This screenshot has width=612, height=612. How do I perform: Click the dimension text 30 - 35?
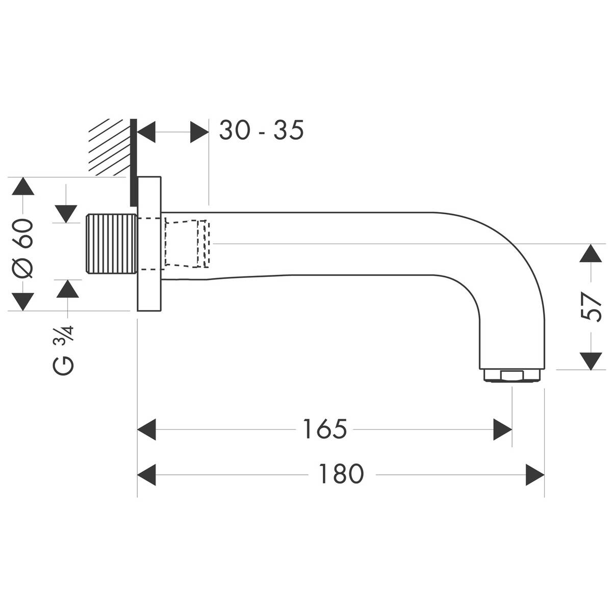(x=261, y=131)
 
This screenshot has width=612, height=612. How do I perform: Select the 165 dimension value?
(x=324, y=429)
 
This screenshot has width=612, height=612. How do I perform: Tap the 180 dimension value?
(x=341, y=474)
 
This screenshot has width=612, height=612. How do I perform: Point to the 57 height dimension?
(x=591, y=307)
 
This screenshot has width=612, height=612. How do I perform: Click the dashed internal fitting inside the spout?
(x=186, y=244)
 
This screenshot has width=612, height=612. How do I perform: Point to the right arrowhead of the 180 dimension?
(x=535, y=474)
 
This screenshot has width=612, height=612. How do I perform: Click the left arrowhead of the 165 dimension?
(x=147, y=429)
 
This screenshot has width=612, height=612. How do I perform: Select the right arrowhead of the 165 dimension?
(x=502, y=429)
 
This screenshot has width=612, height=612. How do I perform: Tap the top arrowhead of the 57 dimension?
(x=591, y=253)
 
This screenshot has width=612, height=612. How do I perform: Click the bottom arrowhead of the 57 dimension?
(x=591, y=361)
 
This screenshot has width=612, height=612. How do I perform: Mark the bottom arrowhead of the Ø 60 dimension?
(x=22, y=301)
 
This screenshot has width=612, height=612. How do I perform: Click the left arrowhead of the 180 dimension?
(x=147, y=474)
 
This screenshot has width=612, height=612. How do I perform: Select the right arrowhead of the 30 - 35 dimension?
(x=199, y=132)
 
